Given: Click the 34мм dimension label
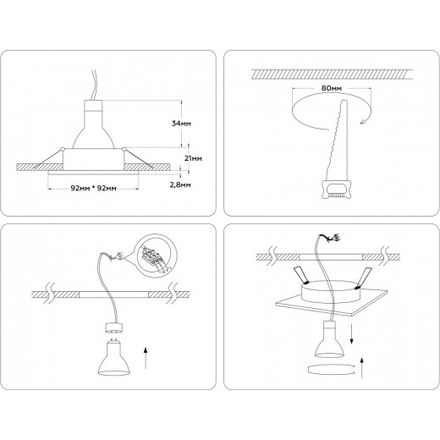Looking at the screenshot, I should click(180, 123).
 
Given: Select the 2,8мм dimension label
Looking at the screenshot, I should click(180, 183).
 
